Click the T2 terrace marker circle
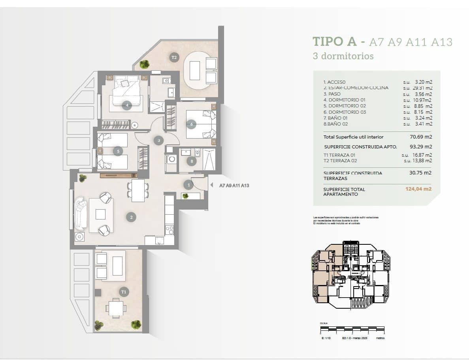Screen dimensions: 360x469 click(x=174, y=58)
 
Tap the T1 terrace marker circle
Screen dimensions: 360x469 click(x=124, y=292)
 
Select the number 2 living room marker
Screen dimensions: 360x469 click(x=131, y=216)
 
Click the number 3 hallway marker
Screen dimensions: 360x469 click(x=159, y=140)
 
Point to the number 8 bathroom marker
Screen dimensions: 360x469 click(x=192, y=161)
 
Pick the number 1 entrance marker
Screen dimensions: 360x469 click(x=188, y=185)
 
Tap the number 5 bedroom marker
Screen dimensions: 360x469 click(x=117, y=151)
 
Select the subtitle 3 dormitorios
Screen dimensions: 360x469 click(x=343, y=56)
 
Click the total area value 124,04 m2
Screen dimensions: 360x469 click(x=418, y=189)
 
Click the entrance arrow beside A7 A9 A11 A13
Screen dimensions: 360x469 click(x=211, y=185)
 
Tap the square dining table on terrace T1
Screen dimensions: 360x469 click(x=116, y=307)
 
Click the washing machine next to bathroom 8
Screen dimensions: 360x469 click(x=171, y=159)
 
